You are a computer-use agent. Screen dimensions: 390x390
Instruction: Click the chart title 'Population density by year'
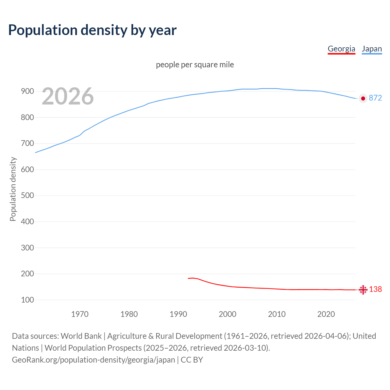pyautogui.click(x=92, y=30)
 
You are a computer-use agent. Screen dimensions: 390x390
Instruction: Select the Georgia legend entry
pyautogui.click(x=341, y=49)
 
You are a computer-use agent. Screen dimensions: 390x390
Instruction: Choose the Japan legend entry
pyautogui.click(x=371, y=49)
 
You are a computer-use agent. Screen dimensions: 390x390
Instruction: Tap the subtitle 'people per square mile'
pyautogui.click(x=195, y=65)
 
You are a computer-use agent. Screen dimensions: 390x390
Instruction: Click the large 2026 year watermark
pyautogui.click(x=68, y=96)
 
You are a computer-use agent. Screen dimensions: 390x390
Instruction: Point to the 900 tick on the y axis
pyautogui.click(x=27, y=91)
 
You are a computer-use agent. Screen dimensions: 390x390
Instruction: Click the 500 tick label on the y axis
pyautogui.click(x=27, y=196)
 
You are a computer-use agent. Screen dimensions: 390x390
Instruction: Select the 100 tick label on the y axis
pyautogui.click(x=27, y=300)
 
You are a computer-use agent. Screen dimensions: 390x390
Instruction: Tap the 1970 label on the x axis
pyautogui.click(x=80, y=314)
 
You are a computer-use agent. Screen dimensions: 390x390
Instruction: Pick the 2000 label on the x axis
pyautogui.click(x=227, y=314)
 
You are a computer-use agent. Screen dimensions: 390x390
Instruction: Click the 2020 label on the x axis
pyautogui.click(x=326, y=314)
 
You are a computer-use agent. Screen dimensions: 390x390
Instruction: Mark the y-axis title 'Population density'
pyautogui.click(x=13, y=189)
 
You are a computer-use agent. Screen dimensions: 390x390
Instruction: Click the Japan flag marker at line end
pyautogui.click(x=363, y=98)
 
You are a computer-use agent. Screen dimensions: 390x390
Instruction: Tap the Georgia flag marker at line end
pyautogui.click(x=363, y=290)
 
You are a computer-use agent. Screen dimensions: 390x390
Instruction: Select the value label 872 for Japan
pyautogui.click(x=375, y=98)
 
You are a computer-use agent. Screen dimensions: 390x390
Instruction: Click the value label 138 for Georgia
pyautogui.click(x=375, y=289)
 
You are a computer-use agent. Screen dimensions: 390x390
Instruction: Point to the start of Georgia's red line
pyautogui.click(x=188, y=278)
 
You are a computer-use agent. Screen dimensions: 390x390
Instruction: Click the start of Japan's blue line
pyautogui.click(x=36, y=152)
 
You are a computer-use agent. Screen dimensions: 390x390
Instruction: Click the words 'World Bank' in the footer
pyautogui.click(x=81, y=336)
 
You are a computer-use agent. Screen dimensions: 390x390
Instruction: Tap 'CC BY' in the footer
pyautogui.click(x=192, y=360)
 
